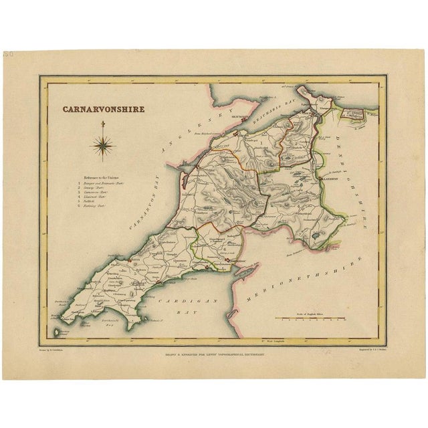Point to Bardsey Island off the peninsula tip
[x=54, y=331]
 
